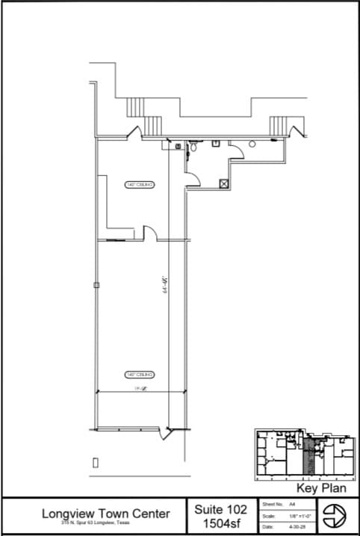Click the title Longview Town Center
click(x=105, y=514)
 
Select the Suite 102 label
click(x=220, y=509)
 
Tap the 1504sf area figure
click(x=220, y=523)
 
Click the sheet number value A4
click(x=282, y=505)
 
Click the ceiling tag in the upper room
click(x=140, y=184)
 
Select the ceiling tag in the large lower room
click(x=139, y=374)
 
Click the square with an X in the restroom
click(x=223, y=182)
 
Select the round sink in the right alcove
click(x=252, y=143)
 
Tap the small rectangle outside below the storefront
click(x=95, y=463)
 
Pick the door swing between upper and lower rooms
click(x=149, y=235)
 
